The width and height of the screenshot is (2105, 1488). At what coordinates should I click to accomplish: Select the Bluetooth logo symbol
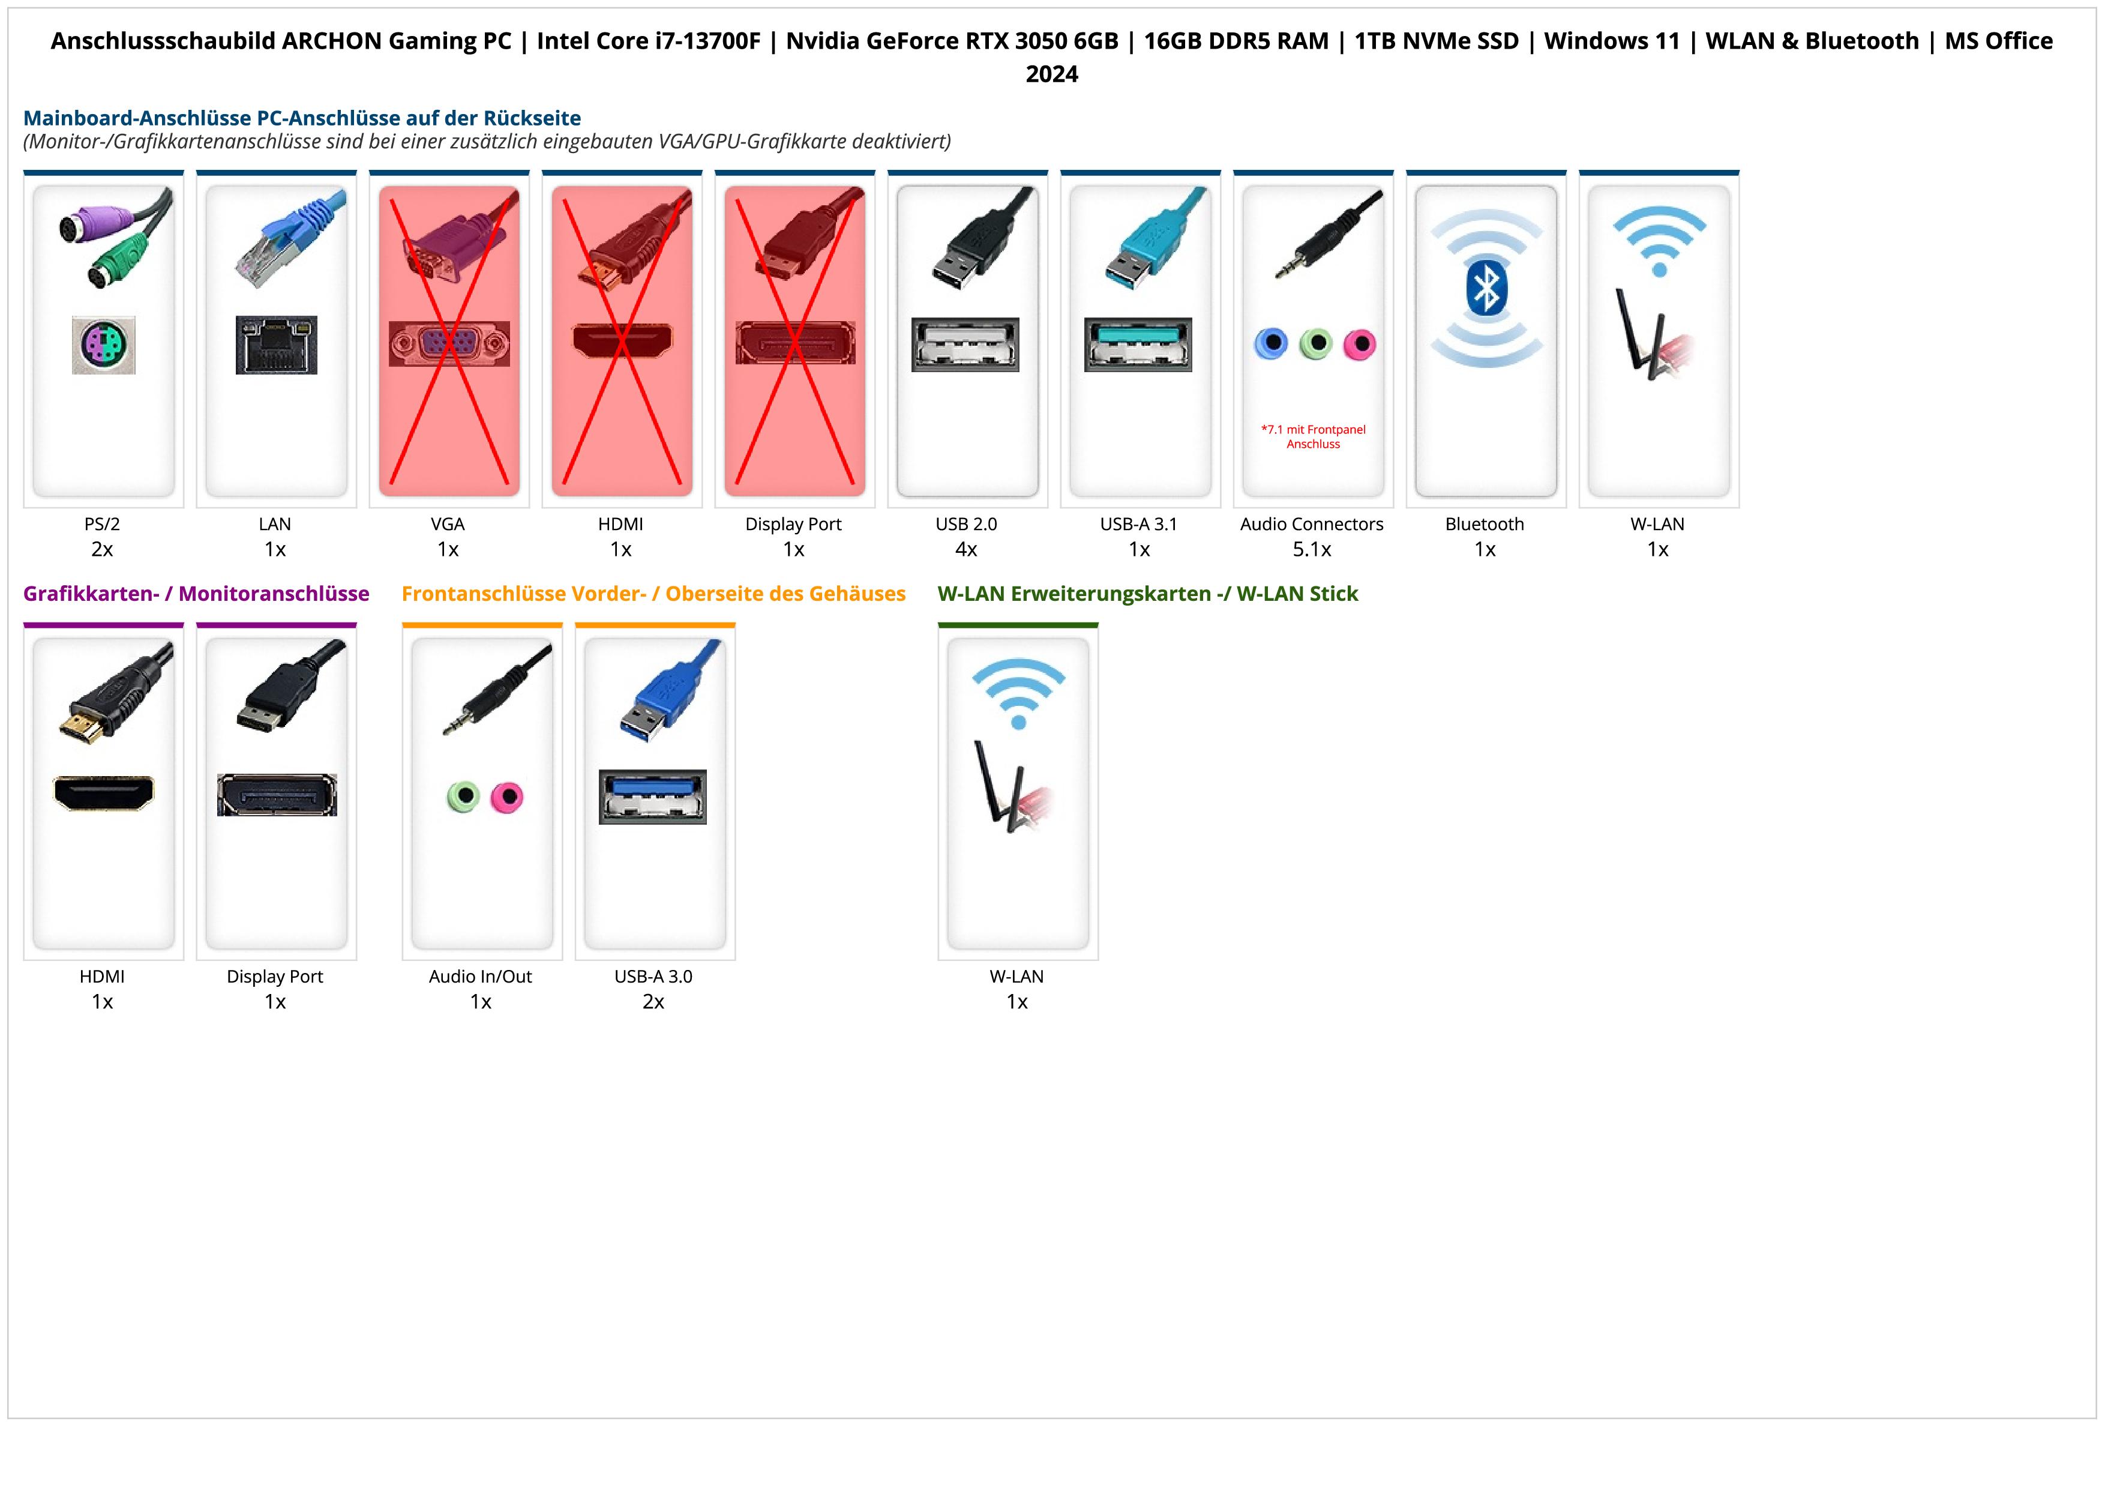pyautogui.click(x=1485, y=289)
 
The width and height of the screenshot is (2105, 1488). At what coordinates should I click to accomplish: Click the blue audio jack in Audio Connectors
pyautogui.click(x=1271, y=344)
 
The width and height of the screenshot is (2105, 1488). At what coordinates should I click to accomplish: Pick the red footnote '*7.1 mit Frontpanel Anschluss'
pyautogui.click(x=1313, y=436)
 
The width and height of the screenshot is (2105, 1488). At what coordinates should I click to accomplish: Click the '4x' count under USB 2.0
pyautogui.click(x=966, y=549)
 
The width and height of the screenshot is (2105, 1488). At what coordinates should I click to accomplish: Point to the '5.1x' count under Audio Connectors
pyautogui.click(x=1312, y=549)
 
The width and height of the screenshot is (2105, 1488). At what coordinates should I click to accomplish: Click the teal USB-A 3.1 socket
pyautogui.click(x=1138, y=345)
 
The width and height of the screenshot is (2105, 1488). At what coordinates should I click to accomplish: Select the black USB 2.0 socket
pyautogui.click(x=965, y=345)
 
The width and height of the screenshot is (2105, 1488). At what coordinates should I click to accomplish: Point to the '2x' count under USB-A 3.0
pyautogui.click(x=653, y=1001)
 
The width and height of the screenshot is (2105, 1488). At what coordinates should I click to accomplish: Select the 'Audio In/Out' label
pyautogui.click(x=481, y=977)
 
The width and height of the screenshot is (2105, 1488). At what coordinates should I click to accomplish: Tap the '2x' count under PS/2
pyautogui.click(x=102, y=549)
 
